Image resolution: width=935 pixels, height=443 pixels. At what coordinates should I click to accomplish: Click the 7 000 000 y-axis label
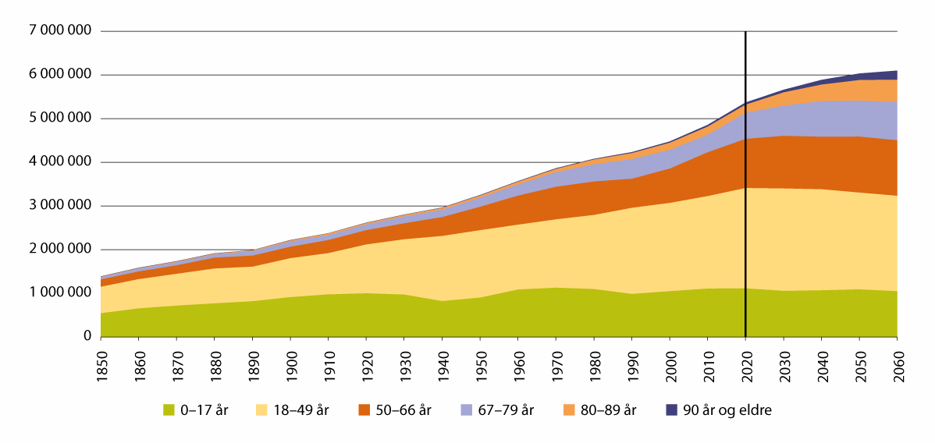pyautogui.click(x=59, y=31)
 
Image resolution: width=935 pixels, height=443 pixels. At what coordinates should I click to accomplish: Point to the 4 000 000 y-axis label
pyautogui.click(x=59, y=162)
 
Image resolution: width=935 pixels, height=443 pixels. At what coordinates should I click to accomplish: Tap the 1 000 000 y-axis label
pyautogui.click(x=59, y=293)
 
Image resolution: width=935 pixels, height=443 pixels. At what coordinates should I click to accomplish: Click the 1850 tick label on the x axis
pyautogui.click(x=101, y=361)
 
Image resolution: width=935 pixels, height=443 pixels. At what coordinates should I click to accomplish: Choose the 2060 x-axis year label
pyautogui.click(x=897, y=361)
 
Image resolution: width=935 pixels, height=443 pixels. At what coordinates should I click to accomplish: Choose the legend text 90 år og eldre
pyautogui.click(x=726, y=409)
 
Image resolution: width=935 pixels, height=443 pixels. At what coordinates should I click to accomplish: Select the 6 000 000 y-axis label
pyautogui.click(x=59, y=75)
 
